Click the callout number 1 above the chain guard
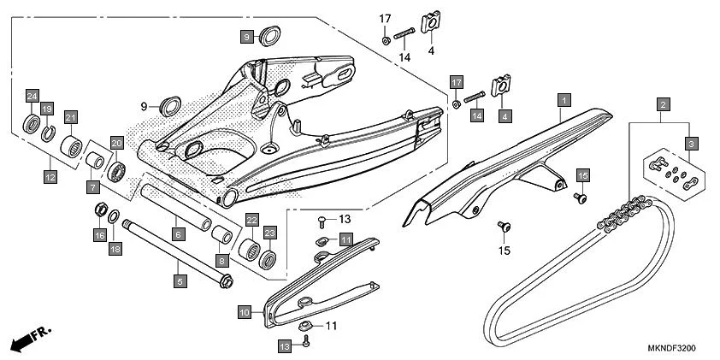coord(564,100)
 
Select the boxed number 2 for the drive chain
coord(662,105)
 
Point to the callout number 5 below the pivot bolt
coord(180,280)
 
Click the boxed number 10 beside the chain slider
coord(244,314)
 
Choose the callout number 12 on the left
coord(50,177)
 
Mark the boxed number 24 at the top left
coord(32,95)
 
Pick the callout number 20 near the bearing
coord(117,143)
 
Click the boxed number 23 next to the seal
coord(269,232)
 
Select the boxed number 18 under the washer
coord(115,249)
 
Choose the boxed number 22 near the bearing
coord(251,220)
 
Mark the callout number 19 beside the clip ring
coord(48,109)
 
